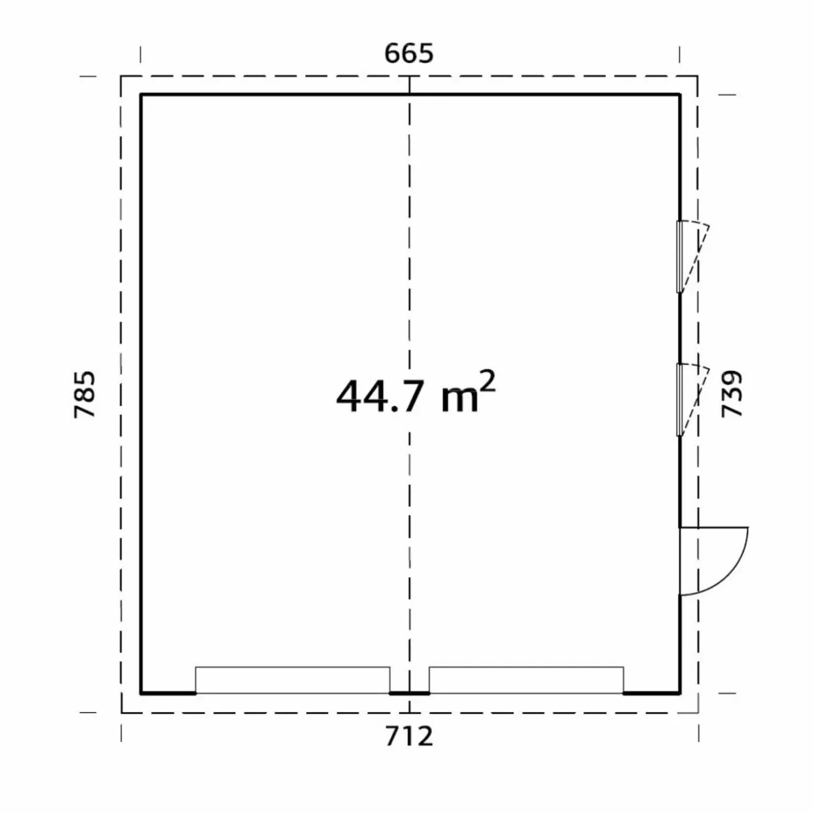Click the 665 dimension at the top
click(x=409, y=54)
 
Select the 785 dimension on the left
click(x=85, y=395)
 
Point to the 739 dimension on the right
click(x=732, y=394)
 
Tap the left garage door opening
click(x=292, y=680)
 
